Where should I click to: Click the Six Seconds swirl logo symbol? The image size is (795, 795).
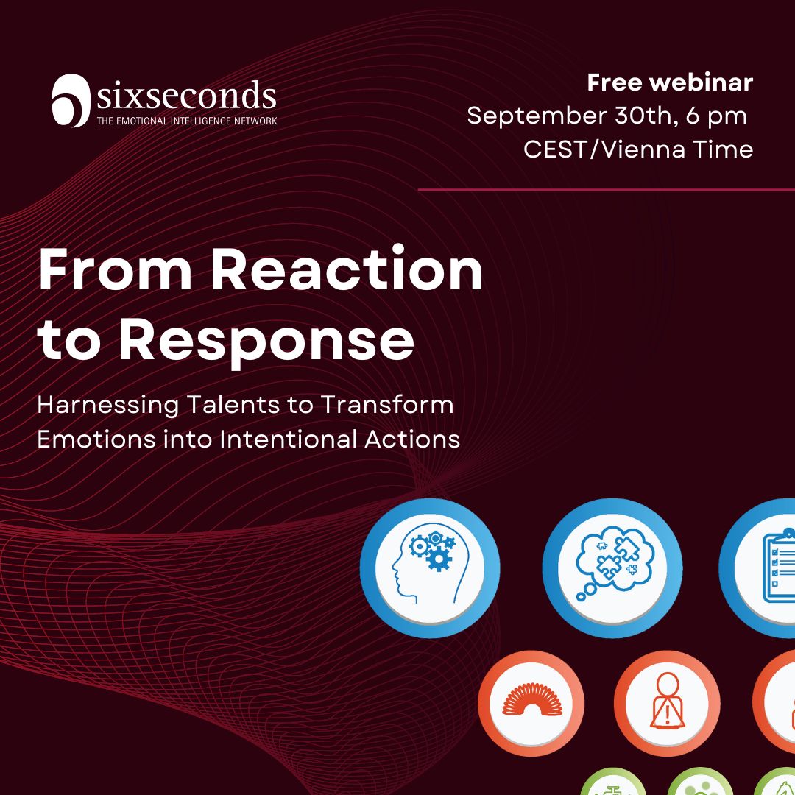tap(71, 100)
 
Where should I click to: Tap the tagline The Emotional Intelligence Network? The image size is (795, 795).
tap(187, 121)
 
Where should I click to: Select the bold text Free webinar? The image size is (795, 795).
tap(670, 82)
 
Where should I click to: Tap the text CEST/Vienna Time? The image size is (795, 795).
tap(638, 149)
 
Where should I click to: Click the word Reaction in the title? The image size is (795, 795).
tap(347, 270)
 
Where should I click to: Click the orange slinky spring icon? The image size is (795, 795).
tap(531, 700)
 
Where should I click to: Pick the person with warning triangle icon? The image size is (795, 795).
tap(667, 700)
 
